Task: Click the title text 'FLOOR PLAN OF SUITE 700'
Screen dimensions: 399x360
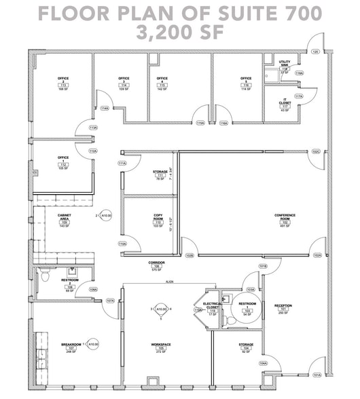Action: [x=180, y=13]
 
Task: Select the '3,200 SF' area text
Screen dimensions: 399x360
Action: [x=180, y=31]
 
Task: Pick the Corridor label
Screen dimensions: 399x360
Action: [x=158, y=265]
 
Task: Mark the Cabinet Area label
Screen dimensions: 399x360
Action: [x=65, y=218]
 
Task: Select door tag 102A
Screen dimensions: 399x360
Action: [x=317, y=255]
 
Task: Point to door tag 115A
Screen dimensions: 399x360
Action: [x=200, y=123]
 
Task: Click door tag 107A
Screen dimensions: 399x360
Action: [x=109, y=300]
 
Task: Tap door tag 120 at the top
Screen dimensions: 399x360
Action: [x=315, y=52]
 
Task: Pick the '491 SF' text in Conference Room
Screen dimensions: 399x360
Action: [x=285, y=226]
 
